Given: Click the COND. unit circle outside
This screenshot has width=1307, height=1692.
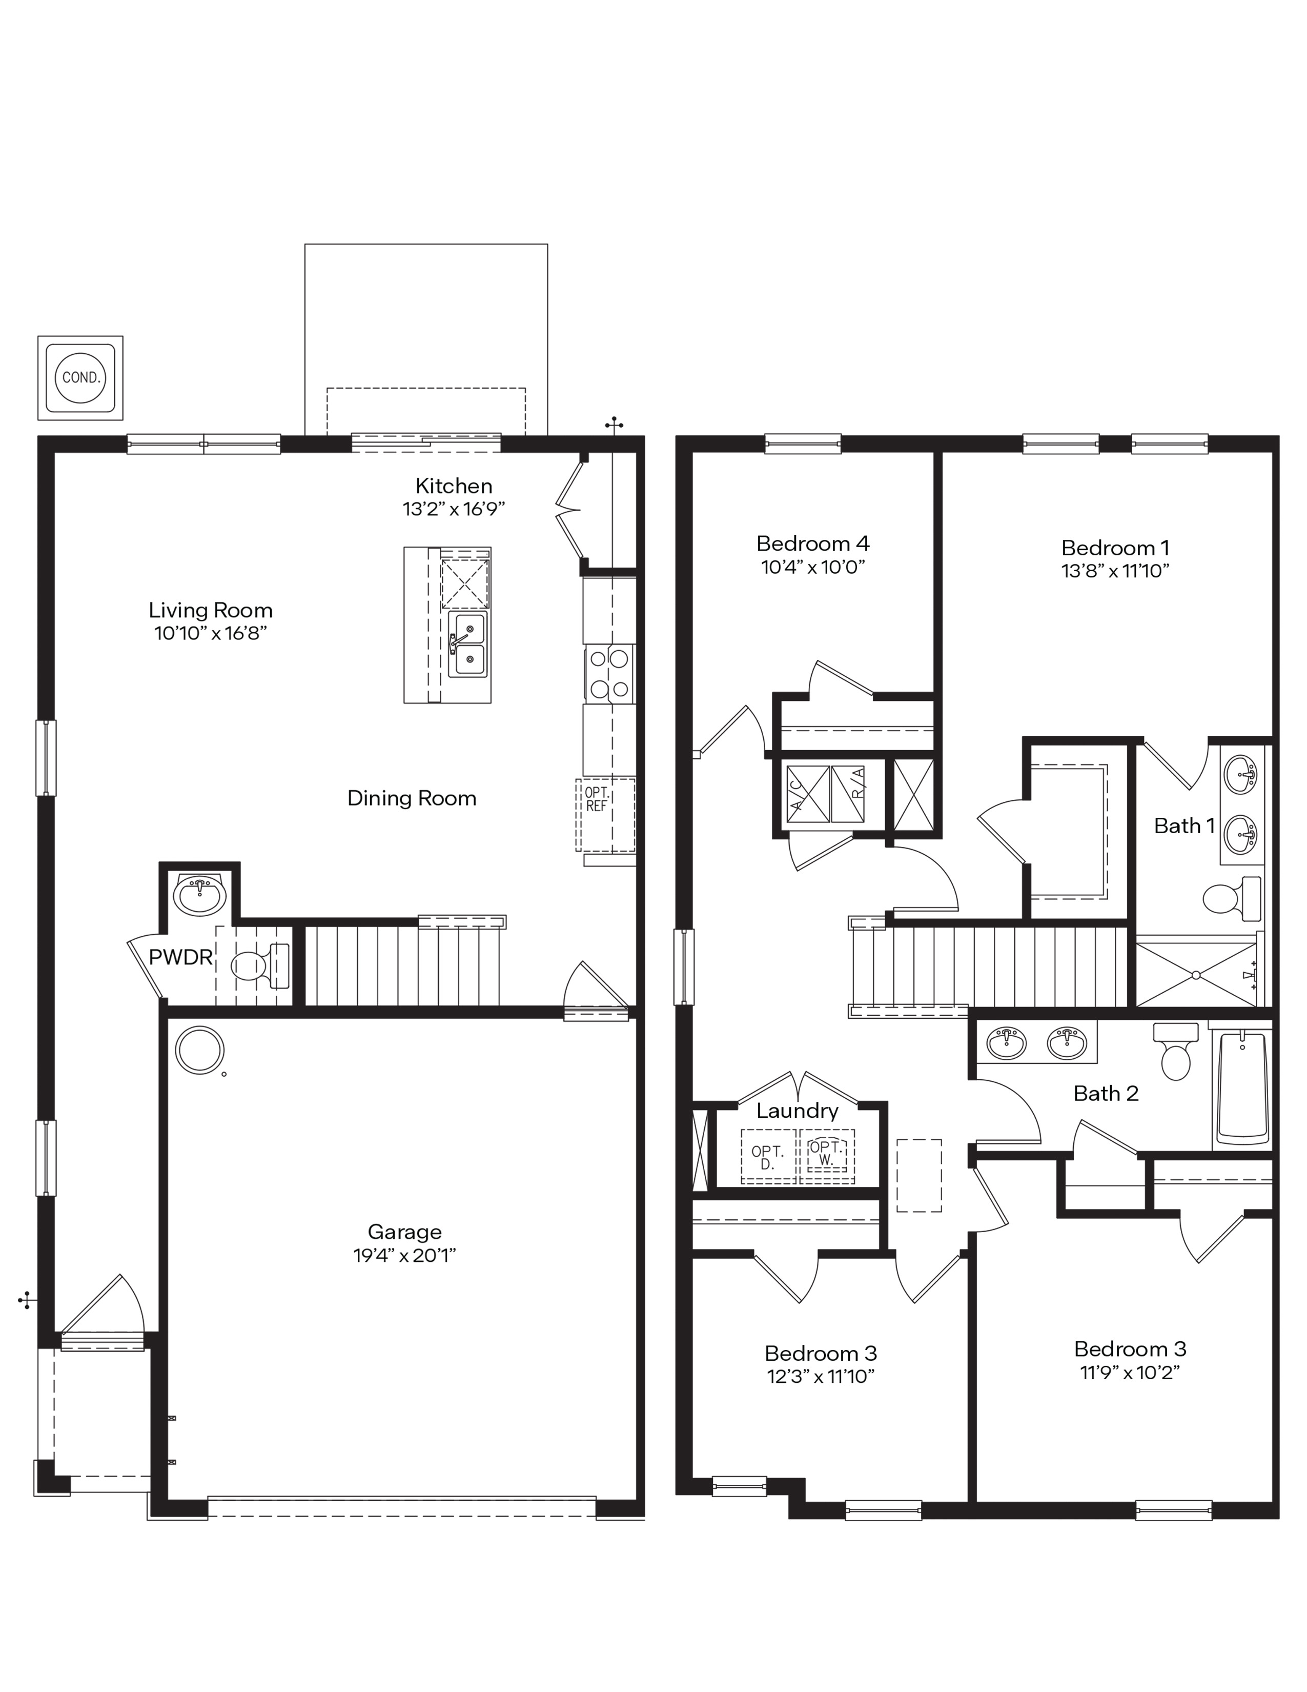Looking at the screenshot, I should (80, 378).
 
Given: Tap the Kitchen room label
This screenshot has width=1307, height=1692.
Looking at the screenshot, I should (454, 486).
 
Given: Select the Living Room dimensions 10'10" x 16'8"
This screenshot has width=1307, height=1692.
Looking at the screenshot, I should (211, 633).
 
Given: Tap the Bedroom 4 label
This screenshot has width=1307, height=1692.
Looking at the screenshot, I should (812, 543).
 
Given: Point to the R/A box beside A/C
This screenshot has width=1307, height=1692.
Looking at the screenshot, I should (849, 794).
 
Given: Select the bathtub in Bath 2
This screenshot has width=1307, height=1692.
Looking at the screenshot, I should (1241, 1087).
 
